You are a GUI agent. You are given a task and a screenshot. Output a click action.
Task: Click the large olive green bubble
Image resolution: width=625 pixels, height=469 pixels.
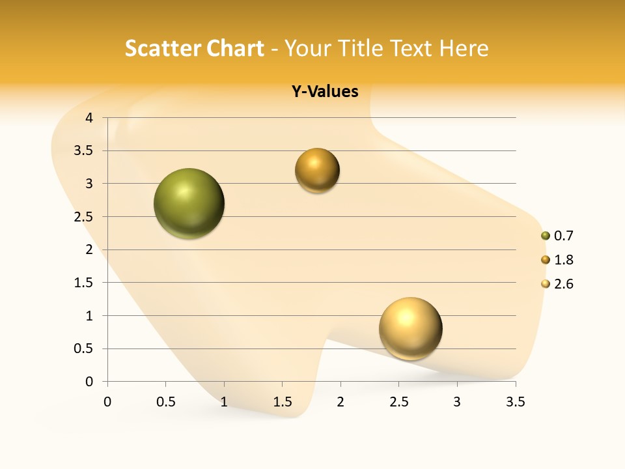(189, 203)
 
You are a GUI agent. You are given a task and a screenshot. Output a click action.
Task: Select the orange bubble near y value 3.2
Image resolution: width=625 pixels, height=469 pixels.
(317, 171)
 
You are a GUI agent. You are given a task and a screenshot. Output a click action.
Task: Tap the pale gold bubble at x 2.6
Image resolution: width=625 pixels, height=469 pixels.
(410, 328)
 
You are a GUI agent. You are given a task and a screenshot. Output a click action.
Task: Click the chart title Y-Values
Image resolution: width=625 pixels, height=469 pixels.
(324, 92)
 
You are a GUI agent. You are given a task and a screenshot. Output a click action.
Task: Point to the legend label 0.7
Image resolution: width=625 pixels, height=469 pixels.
(563, 236)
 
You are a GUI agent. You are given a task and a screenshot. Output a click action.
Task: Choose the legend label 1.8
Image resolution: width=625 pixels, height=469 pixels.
(563, 260)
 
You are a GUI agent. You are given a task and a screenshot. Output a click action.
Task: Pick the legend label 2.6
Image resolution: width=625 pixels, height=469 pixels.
(563, 284)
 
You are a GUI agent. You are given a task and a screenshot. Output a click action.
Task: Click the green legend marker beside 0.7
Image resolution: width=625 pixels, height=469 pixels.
(546, 236)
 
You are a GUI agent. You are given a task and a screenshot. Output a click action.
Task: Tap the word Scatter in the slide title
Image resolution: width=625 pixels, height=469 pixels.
(162, 48)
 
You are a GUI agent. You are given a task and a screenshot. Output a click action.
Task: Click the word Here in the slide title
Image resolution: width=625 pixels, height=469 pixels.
(464, 48)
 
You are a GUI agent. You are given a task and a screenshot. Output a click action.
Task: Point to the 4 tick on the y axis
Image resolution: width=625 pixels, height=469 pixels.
(89, 118)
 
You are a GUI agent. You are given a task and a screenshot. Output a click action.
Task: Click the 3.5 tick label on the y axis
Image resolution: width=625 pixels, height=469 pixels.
(85, 150)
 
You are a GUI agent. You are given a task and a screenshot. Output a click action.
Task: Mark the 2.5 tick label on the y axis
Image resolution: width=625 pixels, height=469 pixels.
(85, 217)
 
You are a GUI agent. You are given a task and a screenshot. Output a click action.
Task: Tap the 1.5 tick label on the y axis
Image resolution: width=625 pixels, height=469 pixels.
(85, 283)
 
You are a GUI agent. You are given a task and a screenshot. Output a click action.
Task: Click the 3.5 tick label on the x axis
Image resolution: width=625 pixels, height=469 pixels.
(515, 402)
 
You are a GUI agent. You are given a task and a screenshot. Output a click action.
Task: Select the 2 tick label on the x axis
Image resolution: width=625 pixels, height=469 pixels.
(340, 402)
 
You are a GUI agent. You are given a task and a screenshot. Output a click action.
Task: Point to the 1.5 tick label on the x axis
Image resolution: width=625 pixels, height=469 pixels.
(282, 402)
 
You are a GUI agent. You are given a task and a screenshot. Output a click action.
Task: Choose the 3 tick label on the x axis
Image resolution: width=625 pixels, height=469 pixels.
(457, 402)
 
